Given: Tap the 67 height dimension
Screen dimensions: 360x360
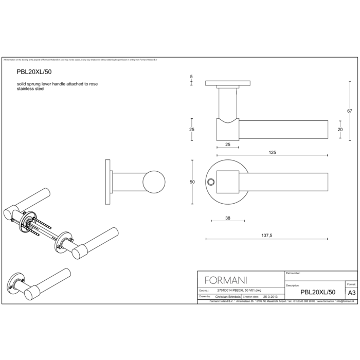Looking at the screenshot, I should (x=349, y=111).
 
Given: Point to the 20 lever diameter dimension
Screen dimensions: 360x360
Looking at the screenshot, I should (x=340, y=130).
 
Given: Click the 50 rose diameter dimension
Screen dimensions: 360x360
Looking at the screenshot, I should (x=192, y=182).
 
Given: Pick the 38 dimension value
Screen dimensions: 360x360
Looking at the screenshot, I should (x=227, y=218).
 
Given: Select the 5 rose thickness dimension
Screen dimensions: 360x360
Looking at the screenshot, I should (x=191, y=77).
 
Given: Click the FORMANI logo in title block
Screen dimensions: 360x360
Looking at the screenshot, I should (x=226, y=280).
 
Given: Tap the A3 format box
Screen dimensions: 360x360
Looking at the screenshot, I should (x=351, y=292).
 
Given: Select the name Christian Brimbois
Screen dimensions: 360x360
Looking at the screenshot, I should (x=229, y=297).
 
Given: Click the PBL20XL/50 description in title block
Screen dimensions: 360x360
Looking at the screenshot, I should (x=318, y=292).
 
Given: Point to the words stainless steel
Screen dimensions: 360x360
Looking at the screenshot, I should (x=30, y=88).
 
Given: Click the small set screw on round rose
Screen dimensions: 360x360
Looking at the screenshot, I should (x=210, y=182).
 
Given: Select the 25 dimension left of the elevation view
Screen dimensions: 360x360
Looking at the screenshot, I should (x=192, y=130).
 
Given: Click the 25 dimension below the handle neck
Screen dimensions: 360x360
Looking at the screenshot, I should (x=228, y=145).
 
